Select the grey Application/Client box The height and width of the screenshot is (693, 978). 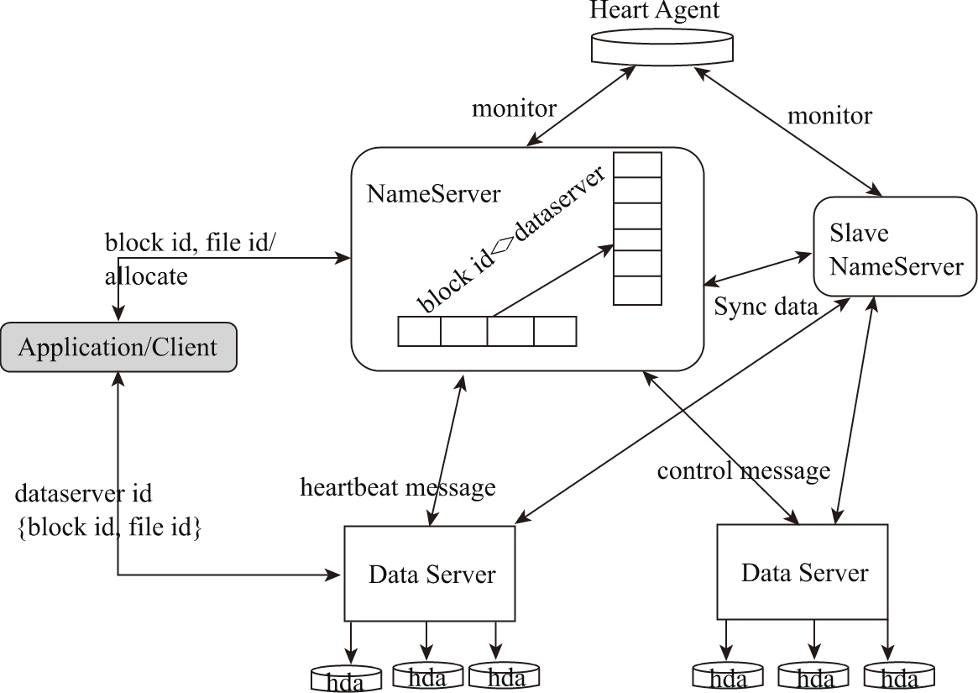[x=118, y=346]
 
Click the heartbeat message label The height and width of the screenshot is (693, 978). [x=398, y=486]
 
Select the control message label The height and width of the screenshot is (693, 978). [x=743, y=470]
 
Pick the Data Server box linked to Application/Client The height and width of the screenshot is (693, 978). [x=431, y=574]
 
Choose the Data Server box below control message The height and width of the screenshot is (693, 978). [x=803, y=573]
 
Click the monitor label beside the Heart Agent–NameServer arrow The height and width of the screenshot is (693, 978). [x=514, y=108]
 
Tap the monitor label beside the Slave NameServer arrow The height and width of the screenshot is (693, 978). [x=829, y=115]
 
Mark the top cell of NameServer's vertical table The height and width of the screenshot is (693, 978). [x=637, y=165]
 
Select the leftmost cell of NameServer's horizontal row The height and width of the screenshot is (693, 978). [x=419, y=331]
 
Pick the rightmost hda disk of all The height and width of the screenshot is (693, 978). [x=899, y=675]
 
